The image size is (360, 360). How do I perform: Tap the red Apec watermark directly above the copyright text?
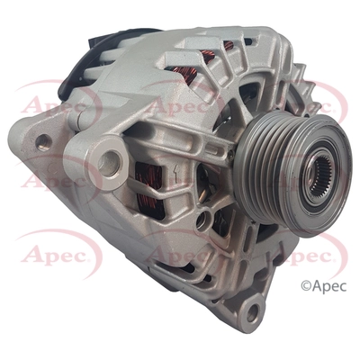click(x=297, y=256)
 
